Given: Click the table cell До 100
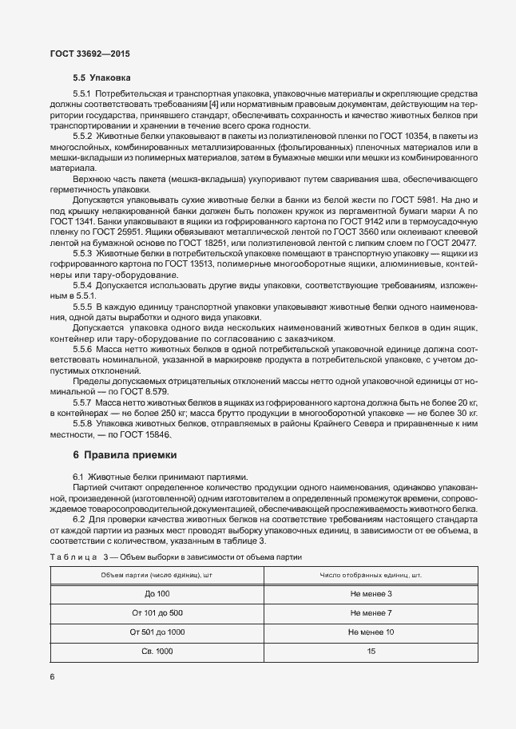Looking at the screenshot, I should point(157,593).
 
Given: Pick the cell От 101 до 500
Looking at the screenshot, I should point(157,612).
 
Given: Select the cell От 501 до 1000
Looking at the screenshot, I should point(157,632).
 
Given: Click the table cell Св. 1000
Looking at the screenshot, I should point(157,652).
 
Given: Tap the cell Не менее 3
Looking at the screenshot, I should point(371,593).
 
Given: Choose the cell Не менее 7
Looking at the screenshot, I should point(371,612).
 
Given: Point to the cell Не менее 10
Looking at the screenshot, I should point(371,632).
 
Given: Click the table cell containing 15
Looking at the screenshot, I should point(371,652).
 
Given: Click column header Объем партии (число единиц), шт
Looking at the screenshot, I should point(157,576).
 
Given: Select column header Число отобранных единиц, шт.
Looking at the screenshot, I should point(371,576).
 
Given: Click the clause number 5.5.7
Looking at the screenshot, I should point(83,404).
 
